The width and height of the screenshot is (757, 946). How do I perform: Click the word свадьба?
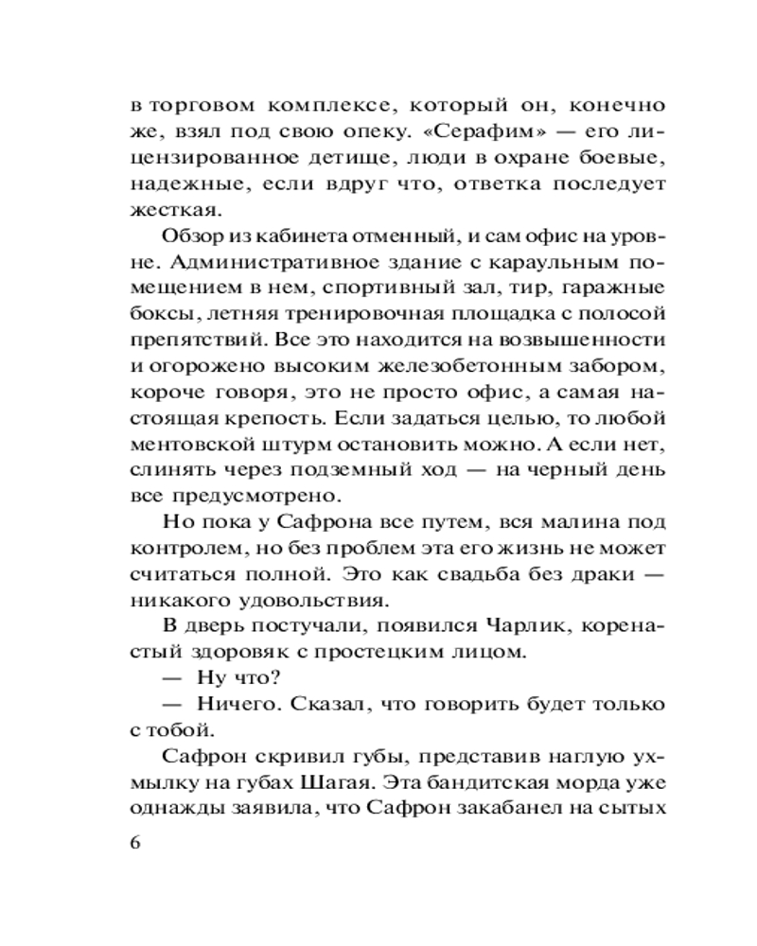pos(458,576)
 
